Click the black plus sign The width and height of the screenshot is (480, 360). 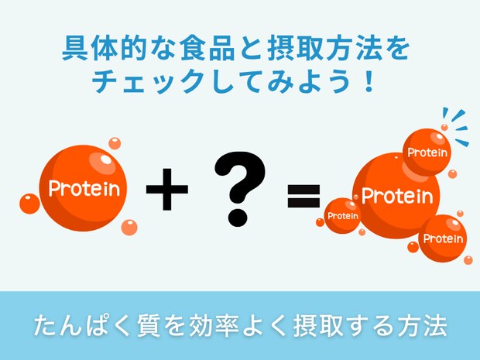(x=166, y=190)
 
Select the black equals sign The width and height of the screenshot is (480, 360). (x=303, y=197)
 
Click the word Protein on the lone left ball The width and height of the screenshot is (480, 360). (x=84, y=188)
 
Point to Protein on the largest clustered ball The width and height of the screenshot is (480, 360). (x=397, y=196)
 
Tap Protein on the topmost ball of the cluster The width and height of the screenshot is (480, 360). (x=427, y=153)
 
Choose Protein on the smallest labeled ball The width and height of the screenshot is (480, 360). (x=342, y=216)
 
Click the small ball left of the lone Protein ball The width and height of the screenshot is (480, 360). (x=29, y=204)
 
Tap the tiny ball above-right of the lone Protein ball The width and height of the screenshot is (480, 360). (x=115, y=143)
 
